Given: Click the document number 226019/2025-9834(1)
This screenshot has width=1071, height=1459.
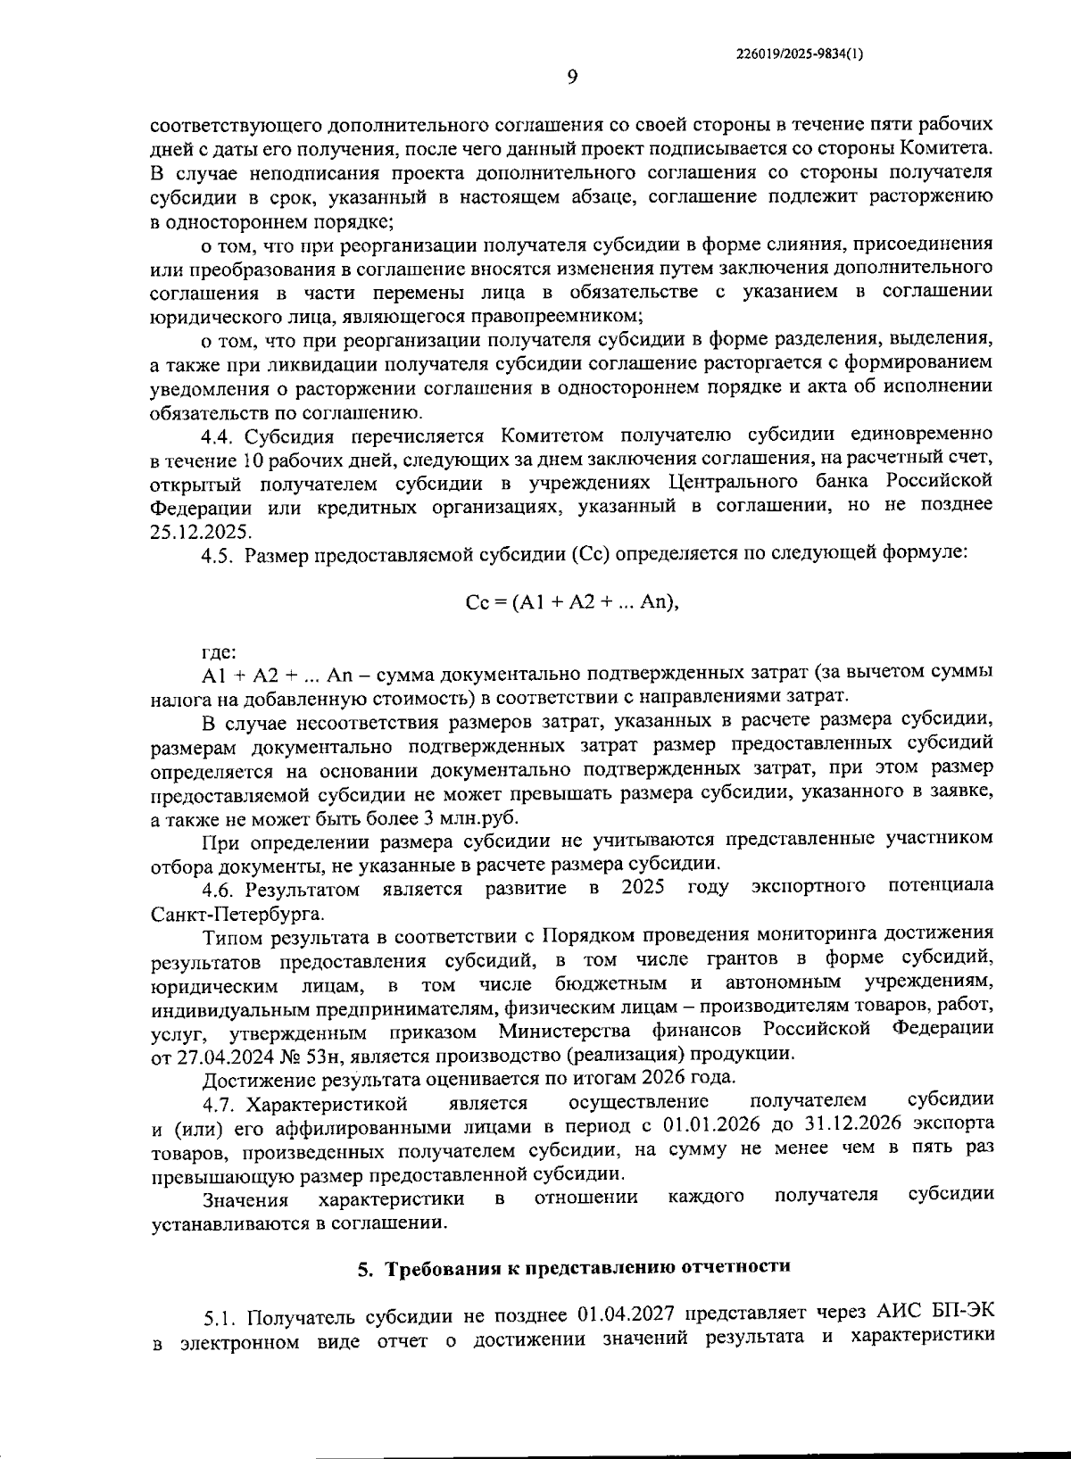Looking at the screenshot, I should point(800,54).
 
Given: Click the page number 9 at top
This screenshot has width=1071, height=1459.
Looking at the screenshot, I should point(572,78).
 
